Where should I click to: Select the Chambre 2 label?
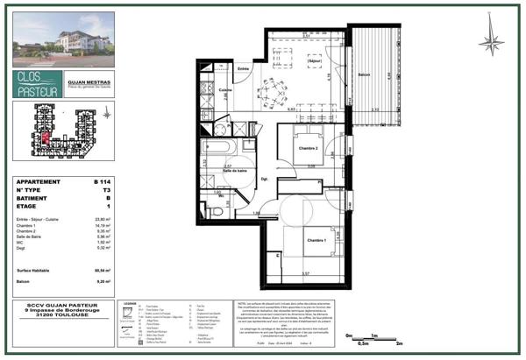pos(306,149)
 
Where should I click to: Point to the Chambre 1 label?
pos(316,240)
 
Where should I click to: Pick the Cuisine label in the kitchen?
pos(225,90)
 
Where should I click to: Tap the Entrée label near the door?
pos(244,68)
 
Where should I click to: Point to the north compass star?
pos(493,40)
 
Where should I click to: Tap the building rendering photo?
pos(64,41)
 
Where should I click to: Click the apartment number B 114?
pos(103,181)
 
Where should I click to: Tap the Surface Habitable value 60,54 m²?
pos(102,272)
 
